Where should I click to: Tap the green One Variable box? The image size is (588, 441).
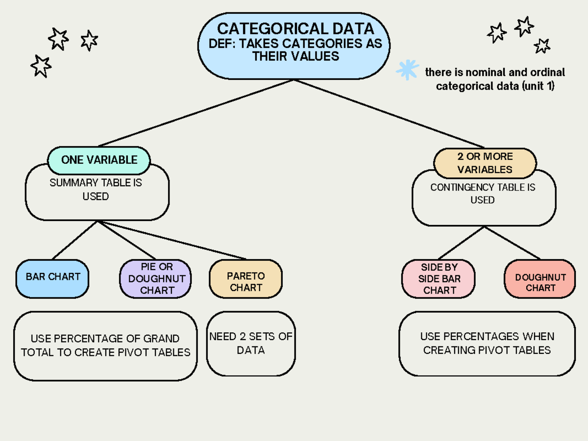[x=99, y=160]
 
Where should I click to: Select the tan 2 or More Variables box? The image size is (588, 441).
[x=485, y=163]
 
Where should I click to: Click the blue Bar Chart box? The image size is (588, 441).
[x=52, y=278]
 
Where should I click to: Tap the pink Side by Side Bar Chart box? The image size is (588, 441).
[x=439, y=278]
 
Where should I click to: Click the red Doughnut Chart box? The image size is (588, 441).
[x=540, y=279]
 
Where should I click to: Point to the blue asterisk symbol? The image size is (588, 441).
[x=407, y=70]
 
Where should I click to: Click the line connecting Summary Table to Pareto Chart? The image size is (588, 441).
[x=171, y=240]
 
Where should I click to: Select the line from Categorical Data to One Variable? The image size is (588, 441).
[x=196, y=113]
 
